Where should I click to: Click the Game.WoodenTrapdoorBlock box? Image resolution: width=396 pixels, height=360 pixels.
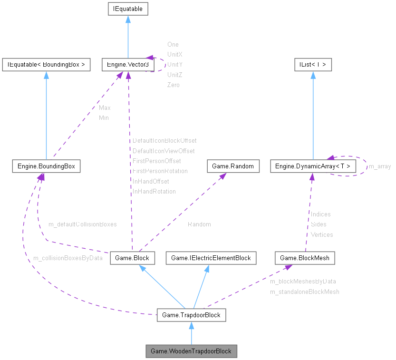[x=191, y=351]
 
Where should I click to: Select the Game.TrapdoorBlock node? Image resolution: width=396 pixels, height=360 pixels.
[x=191, y=315]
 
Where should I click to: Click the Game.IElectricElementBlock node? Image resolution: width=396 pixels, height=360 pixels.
[x=211, y=258]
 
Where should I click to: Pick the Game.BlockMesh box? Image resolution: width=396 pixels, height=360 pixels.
[x=305, y=258]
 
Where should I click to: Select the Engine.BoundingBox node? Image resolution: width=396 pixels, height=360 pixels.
[x=46, y=166]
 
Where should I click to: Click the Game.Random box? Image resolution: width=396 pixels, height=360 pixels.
[x=233, y=166]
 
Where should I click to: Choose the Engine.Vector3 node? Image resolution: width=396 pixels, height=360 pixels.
[x=126, y=64]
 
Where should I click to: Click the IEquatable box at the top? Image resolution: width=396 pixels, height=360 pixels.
[x=128, y=9]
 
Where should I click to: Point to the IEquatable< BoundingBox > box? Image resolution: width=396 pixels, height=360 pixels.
[x=46, y=64]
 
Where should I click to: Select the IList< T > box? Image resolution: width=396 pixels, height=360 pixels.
[x=313, y=64]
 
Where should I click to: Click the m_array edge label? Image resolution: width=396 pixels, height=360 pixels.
[x=380, y=166]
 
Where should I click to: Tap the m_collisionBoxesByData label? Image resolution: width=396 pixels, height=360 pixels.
[x=68, y=258]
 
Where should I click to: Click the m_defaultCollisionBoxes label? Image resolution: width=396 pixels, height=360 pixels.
[x=82, y=224]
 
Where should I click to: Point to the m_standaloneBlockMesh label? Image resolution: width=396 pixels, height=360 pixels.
[x=305, y=292]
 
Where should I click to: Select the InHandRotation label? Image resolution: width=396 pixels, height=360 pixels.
[x=154, y=192]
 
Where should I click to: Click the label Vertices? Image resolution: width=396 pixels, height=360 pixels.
[x=322, y=234]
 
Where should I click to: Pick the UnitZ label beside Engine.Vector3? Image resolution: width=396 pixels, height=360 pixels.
[x=175, y=75]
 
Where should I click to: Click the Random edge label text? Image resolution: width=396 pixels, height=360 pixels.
[x=199, y=224]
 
